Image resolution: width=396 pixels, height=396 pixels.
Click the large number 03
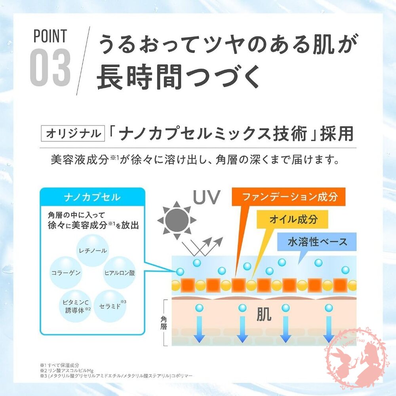click(50, 67)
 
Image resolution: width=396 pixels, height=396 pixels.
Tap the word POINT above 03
click(50, 36)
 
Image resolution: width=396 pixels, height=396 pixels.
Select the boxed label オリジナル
click(73, 133)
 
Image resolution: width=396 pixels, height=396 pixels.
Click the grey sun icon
click(177, 220)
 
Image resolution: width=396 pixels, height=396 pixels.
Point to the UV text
click(207, 197)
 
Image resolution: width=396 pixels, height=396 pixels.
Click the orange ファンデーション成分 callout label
click(288, 197)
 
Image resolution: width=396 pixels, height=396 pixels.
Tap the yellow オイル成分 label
click(293, 219)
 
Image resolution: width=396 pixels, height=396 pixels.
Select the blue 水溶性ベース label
click(317, 242)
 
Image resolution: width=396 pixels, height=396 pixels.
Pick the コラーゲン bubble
click(66, 273)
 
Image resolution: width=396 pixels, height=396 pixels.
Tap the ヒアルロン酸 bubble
click(120, 273)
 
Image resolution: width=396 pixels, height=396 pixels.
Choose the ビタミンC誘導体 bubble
click(76, 306)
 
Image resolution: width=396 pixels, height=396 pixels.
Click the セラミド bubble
click(110, 306)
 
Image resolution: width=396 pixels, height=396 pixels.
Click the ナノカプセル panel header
click(92, 197)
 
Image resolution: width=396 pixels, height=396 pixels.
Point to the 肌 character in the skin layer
click(264, 314)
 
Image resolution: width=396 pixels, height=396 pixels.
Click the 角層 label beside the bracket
click(164, 323)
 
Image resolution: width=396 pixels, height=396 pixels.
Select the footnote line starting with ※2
click(67, 371)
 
